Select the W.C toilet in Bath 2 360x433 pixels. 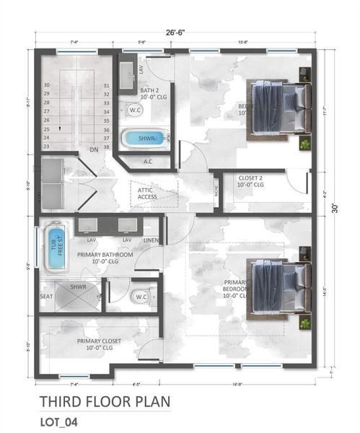point(134,110)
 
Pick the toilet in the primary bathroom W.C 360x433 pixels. point(140,297)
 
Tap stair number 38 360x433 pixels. point(106,146)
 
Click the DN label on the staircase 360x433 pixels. point(94,149)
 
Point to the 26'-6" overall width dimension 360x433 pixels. point(175,32)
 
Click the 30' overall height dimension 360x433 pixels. point(334,209)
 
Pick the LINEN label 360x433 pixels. point(150,240)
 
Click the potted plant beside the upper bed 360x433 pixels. point(305,144)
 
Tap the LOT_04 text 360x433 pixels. point(61,420)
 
